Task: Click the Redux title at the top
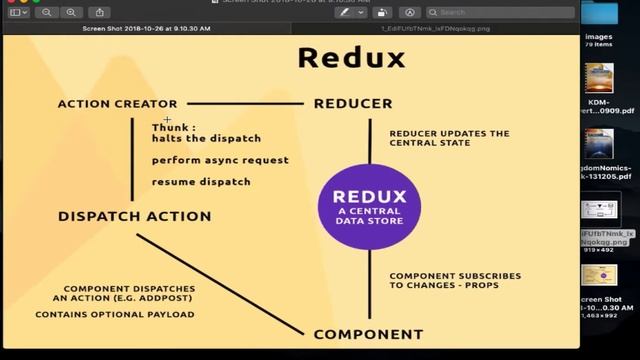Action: click(351, 57)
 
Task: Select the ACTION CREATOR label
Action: click(117, 103)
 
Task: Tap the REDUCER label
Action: click(352, 103)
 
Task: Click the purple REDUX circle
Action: click(369, 206)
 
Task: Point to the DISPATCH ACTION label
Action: click(134, 216)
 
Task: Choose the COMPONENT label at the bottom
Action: click(368, 334)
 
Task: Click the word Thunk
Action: click(173, 127)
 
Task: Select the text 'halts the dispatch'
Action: click(206, 138)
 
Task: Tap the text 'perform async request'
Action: click(220, 160)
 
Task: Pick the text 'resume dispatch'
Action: click(201, 182)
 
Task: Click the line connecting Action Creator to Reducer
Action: click(245, 102)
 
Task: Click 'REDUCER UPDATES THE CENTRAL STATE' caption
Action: click(449, 138)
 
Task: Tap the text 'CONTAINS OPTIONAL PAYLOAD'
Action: click(114, 314)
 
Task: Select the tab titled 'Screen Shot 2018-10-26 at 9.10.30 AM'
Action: click(147, 29)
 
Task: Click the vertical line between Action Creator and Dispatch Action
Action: click(132, 160)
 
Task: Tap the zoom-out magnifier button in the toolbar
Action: click(47, 12)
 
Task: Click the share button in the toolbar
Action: click(99, 12)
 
